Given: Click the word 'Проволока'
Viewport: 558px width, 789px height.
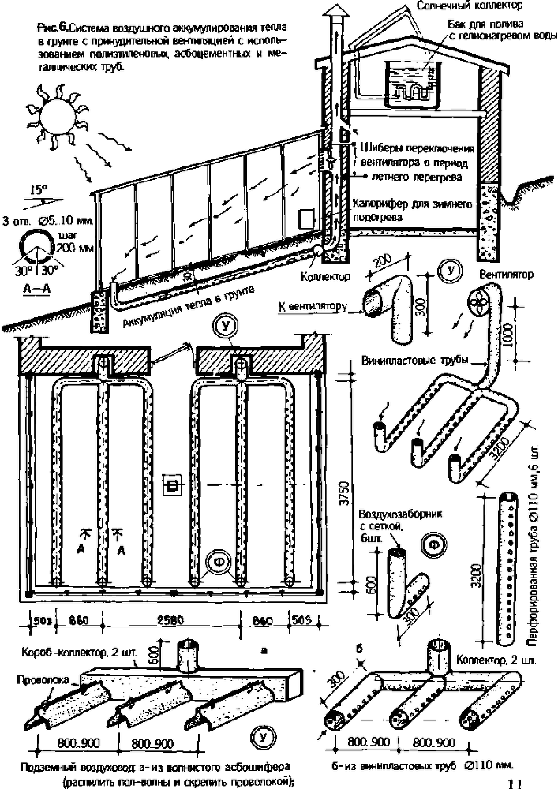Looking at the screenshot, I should tap(36, 676).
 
